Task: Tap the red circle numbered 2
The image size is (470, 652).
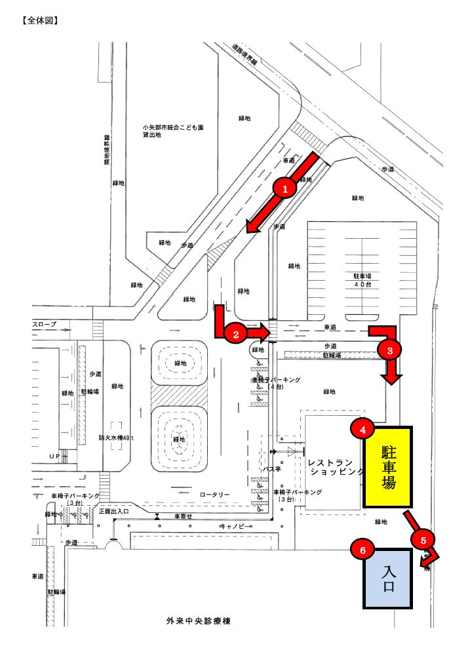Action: pyautogui.click(x=235, y=333)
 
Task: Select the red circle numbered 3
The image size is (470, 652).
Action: pyautogui.click(x=390, y=350)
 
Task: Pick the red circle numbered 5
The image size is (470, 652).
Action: pyautogui.click(x=423, y=539)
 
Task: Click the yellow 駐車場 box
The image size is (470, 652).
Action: pyautogui.click(x=388, y=468)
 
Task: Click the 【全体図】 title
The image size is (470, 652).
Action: pyautogui.click(x=41, y=20)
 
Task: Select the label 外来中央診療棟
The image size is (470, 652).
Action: pyautogui.click(x=197, y=620)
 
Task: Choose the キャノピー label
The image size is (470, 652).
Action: pyautogui.click(x=231, y=526)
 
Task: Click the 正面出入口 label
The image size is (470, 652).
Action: pyautogui.click(x=115, y=510)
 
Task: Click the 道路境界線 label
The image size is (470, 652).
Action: pyautogui.click(x=246, y=54)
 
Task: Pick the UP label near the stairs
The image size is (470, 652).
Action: pyautogui.click(x=55, y=455)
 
